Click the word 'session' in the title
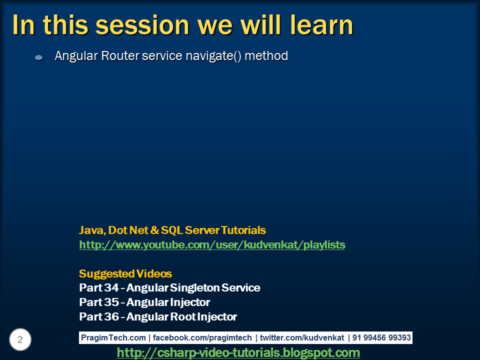(142, 25)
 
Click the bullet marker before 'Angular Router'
(39, 57)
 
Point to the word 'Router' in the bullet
(120, 55)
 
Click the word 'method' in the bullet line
(266, 55)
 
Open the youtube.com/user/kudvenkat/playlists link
(212, 245)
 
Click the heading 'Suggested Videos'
(125, 273)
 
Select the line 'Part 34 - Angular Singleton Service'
(169, 288)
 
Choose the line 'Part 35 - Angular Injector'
(144, 302)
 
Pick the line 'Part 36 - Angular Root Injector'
(158, 317)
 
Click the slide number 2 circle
(20, 339)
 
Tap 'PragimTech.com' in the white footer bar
(113, 337)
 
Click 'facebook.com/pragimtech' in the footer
(202, 337)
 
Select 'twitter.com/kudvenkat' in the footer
(302, 337)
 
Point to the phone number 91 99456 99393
(381, 337)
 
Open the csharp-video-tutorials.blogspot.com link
(238, 352)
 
